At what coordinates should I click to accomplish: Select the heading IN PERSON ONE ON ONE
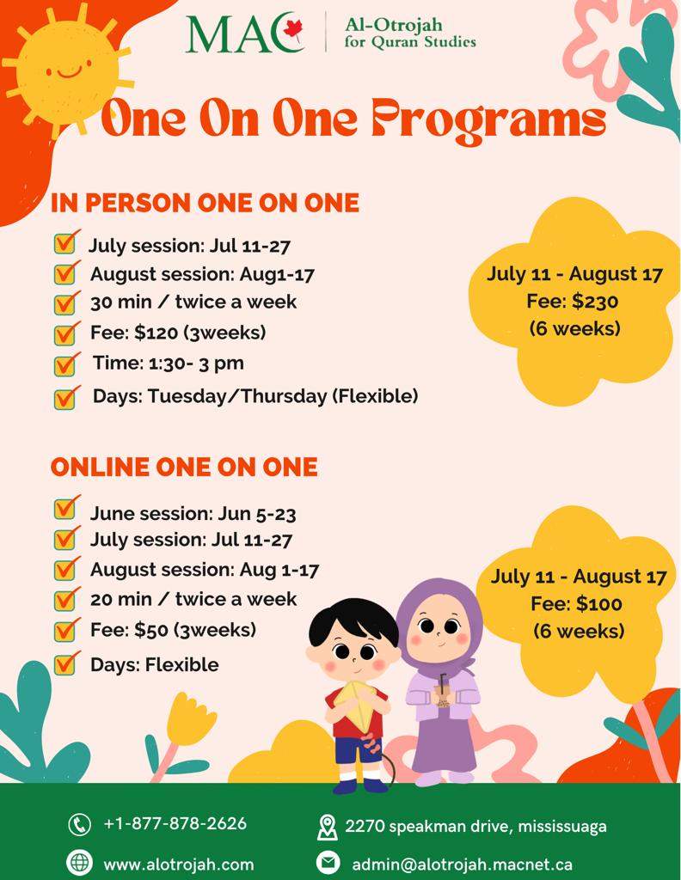pyautogui.click(x=205, y=203)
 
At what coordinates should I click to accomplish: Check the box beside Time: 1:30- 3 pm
pyautogui.click(x=65, y=365)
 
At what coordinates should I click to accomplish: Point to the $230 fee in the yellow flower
pyautogui.click(x=596, y=302)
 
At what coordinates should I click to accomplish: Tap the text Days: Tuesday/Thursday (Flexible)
pyautogui.click(x=255, y=396)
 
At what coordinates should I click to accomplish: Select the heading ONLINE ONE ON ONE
pyautogui.click(x=184, y=467)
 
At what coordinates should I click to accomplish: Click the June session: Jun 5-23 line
pyautogui.click(x=193, y=514)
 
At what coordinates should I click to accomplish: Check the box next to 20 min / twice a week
pyautogui.click(x=65, y=600)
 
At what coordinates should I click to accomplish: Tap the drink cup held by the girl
pyautogui.click(x=444, y=696)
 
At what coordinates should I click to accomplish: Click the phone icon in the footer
pyautogui.click(x=79, y=824)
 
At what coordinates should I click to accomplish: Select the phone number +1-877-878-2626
pyautogui.click(x=175, y=823)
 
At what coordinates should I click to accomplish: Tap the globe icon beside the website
pyautogui.click(x=79, y=862)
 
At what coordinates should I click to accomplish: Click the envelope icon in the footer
pyautogui.click(x=328, y=863)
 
